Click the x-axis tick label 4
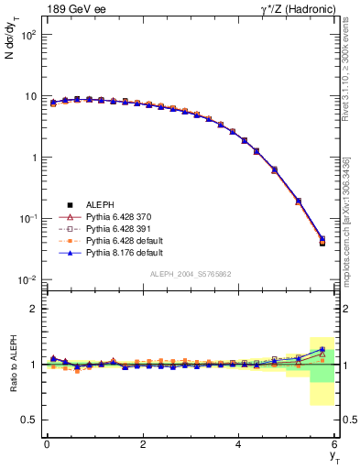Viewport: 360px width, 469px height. pos(239,443)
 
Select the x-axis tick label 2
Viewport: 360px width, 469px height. pos(143,443)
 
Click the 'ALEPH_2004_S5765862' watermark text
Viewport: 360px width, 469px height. pos(190,275)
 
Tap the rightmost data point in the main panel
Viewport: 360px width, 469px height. pos(322,241)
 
